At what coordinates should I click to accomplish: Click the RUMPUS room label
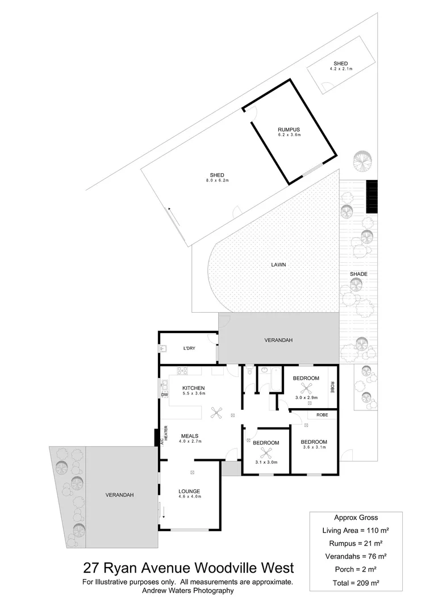(x=289, y=129)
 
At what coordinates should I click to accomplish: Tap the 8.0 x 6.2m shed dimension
(x=217, y=180)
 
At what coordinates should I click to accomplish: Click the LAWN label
(x=278, y=264)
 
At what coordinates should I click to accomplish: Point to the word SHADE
(x=358, y=274)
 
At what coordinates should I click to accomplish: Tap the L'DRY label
(x=189, y=348)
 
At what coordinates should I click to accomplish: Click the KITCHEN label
(x=193, y=388)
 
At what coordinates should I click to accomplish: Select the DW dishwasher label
(x=165, y=394)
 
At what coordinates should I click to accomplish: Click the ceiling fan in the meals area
(x=215, y=413)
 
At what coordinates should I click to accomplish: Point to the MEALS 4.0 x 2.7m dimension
(x=191, y=441)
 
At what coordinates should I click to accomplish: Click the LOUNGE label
(x=189, y=491)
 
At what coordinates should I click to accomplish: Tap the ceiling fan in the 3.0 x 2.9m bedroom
(x=307, y=388)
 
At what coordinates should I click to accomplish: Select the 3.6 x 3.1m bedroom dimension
(x=314, y=448)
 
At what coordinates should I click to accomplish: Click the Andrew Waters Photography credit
(x=187, y=591)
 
